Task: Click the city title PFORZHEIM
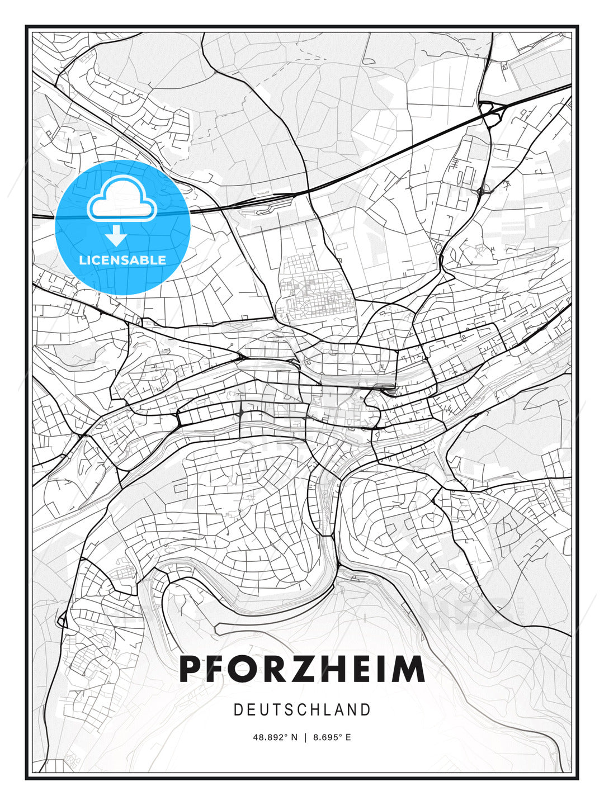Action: (302, 669)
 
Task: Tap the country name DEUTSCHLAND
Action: (302, 710)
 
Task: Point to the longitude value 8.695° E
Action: (332, 737)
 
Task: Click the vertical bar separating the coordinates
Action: (305, 737)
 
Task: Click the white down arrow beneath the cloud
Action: (116, 235)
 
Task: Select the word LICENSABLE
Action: (122, 260)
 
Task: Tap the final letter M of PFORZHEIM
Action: (407, 669)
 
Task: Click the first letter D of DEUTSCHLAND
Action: (238, 710)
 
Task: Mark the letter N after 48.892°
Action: (295, 737)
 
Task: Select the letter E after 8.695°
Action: (348, 737)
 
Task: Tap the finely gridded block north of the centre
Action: (316, 293)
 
